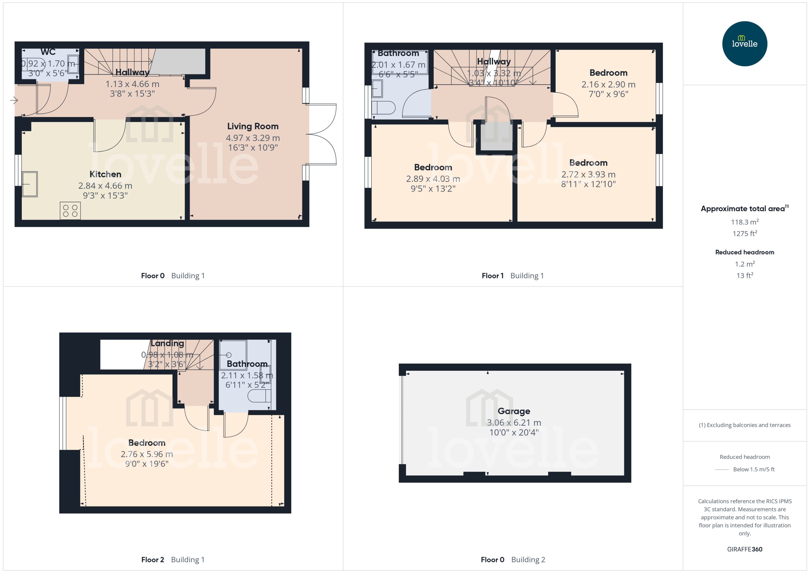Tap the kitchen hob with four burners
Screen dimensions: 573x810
70,211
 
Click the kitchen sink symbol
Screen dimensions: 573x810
30,184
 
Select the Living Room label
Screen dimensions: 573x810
253,126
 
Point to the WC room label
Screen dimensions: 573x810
48,52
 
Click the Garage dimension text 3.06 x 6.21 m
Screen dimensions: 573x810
514,423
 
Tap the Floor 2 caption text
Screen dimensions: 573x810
153,560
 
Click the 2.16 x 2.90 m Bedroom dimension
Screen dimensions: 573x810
608,85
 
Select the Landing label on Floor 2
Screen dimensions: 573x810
167,343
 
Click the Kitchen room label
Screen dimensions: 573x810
105,174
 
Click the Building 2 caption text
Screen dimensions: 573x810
528,560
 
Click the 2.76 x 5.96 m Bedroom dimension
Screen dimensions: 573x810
146,455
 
